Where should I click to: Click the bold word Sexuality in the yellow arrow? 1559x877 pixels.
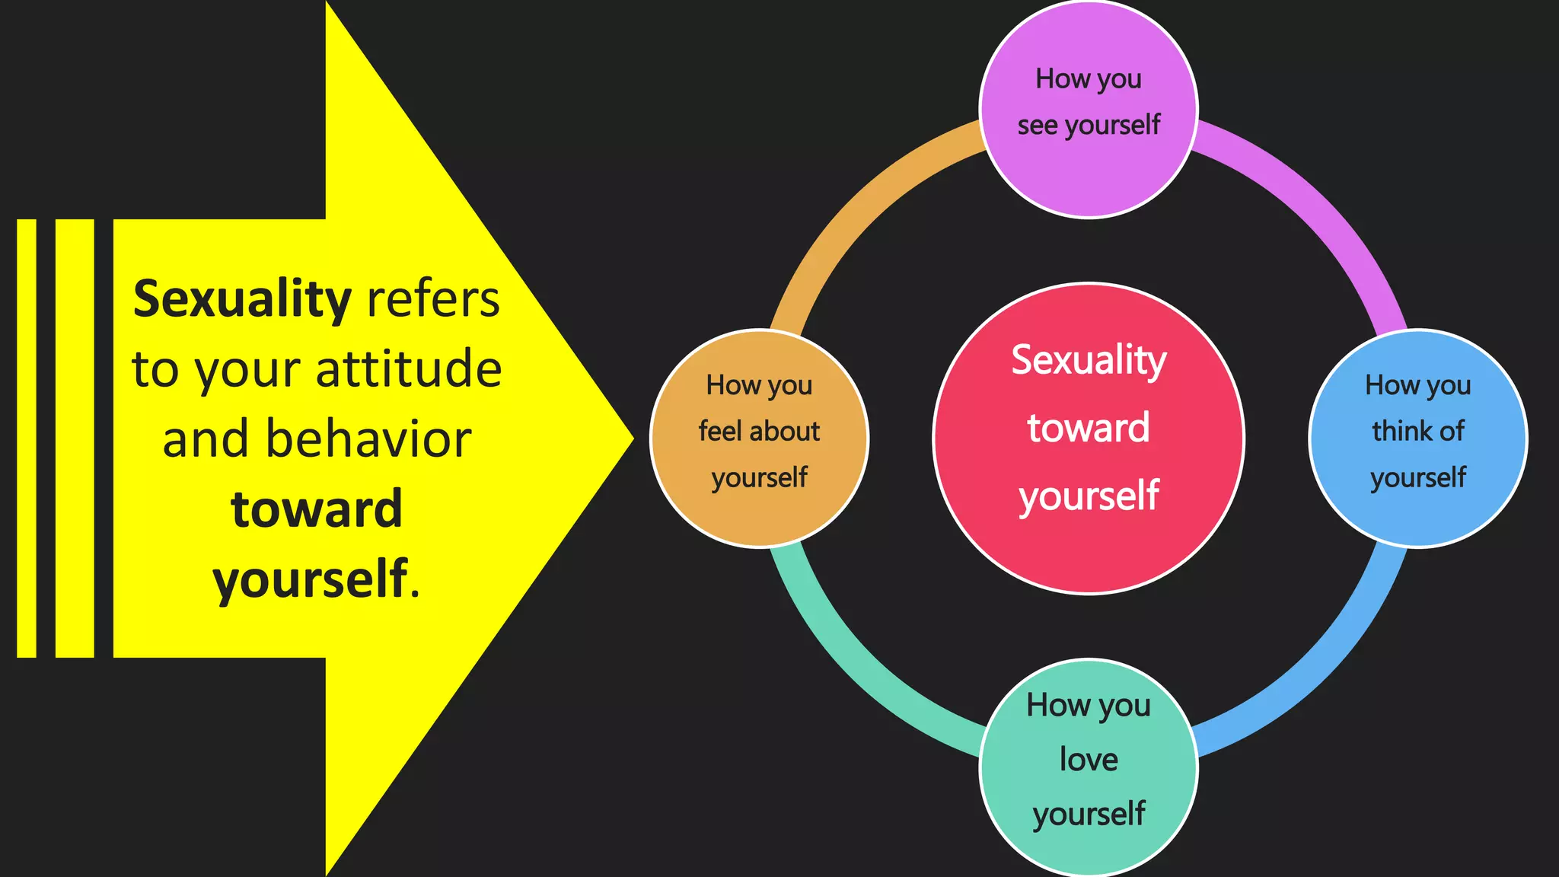(x=241, y=300)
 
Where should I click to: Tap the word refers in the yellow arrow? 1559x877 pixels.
(x=433, y=299)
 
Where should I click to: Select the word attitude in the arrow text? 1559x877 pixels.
(x=408, y=370)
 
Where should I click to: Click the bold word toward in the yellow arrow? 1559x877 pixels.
(x=317, y=509)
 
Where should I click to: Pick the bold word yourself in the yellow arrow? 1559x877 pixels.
(x=310, y=579)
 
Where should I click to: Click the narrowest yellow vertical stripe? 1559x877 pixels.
(x=27, y=438)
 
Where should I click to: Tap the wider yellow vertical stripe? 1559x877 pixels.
(x=75, y=438)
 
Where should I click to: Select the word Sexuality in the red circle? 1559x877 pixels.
(x=1089, y=360)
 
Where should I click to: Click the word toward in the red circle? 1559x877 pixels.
(x=1089, y=428)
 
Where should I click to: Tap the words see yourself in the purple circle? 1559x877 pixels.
(x=1089, y=125)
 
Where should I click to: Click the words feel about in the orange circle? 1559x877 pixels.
(x=759, y=432)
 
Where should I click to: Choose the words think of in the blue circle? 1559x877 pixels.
(x=1417, y=432)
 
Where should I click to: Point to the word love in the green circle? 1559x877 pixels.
(x=1089, y=760)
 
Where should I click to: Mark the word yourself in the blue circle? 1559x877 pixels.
(x=1417, y=478)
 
